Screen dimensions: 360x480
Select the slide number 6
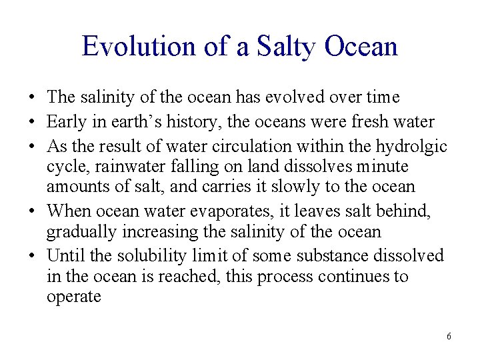point(449,337)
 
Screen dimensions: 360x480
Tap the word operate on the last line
point(73,297)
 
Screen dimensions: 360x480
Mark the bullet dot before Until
point(33,256)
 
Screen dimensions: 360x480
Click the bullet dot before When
point(33,212)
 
